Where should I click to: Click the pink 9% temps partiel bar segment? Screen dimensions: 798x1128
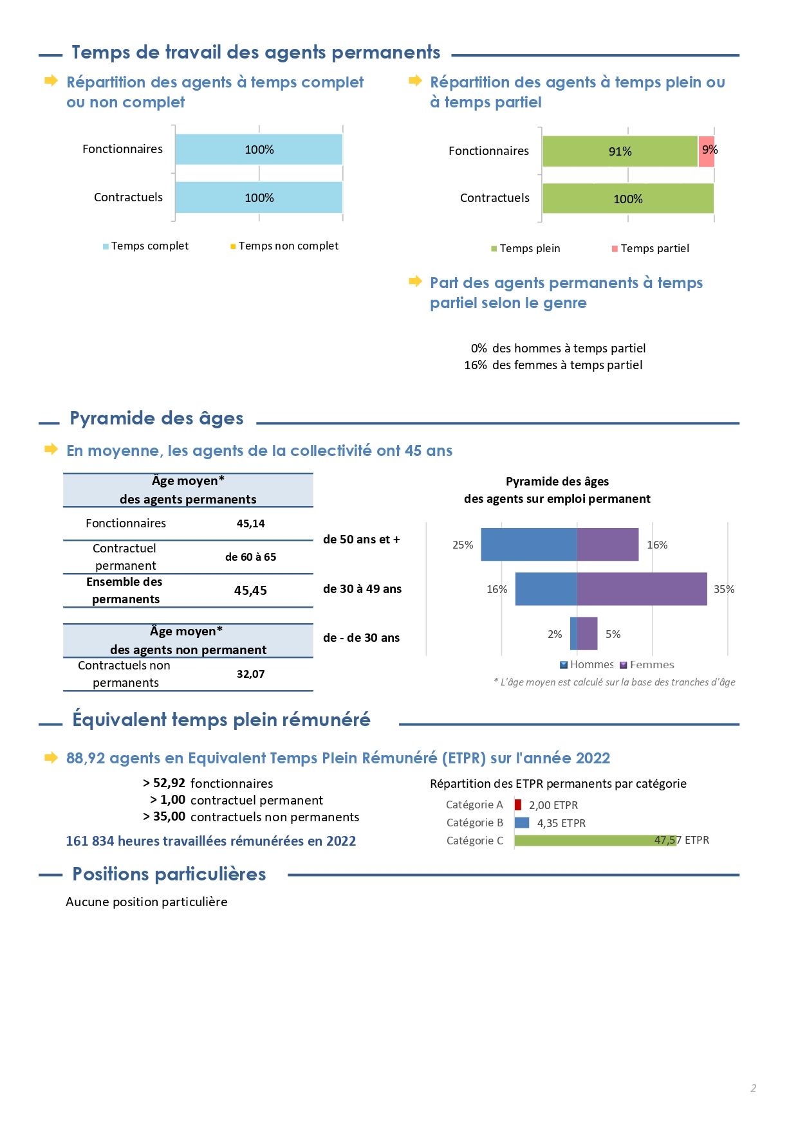coord(706,152)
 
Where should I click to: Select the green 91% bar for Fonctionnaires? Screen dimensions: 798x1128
coord(620,152)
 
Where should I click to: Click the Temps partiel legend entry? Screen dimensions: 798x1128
coord(651,248)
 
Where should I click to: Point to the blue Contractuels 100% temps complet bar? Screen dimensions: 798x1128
coord(259,197)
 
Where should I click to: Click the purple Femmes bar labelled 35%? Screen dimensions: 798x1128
coord(642,589)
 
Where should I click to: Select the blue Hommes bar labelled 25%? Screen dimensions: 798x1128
coord(529,545)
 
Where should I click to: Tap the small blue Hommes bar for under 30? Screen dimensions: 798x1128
coord(573,633)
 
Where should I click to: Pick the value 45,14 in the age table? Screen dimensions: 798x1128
coord(251,523)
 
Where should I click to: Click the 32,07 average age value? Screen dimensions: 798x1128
coord(251,674)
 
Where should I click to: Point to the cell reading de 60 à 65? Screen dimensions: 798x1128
coord(251,557)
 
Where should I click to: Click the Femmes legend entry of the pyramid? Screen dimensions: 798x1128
coord(647,665)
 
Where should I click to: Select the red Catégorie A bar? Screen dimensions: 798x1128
coord(518,805)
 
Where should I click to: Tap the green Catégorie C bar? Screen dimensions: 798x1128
coord(596,841)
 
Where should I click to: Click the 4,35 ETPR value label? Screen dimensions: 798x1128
coord(561,823)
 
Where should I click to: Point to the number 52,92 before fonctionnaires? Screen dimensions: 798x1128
coord(169,783)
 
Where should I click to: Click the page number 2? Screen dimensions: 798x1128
coord(753,1088)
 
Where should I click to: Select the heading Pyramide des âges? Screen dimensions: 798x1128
coord(157,419)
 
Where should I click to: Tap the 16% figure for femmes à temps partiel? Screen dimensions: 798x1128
coord(476,365)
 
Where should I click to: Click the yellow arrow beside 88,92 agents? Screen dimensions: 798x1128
coord(51,758)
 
